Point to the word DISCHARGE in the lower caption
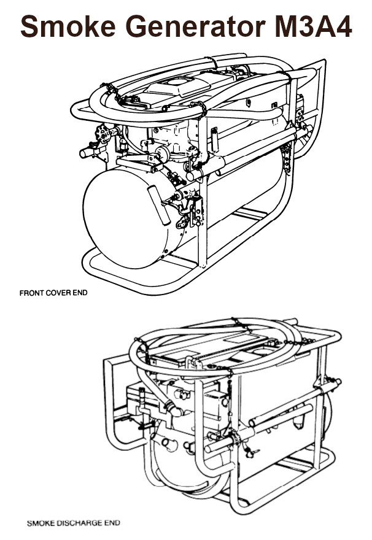pyautogui.click(x=80, y=523)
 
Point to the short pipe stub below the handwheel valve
pyautogui.click(x=86, y=151)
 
